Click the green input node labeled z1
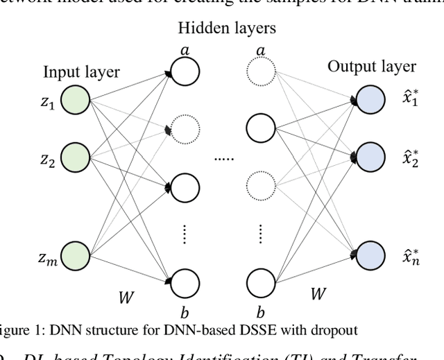pos(74,101)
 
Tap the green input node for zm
pos(74,258)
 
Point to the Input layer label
pos(82,72)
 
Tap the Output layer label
pos(372,67)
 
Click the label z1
pos(46,103)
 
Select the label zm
pos(47,259)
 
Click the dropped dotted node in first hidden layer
pos(185,128)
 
